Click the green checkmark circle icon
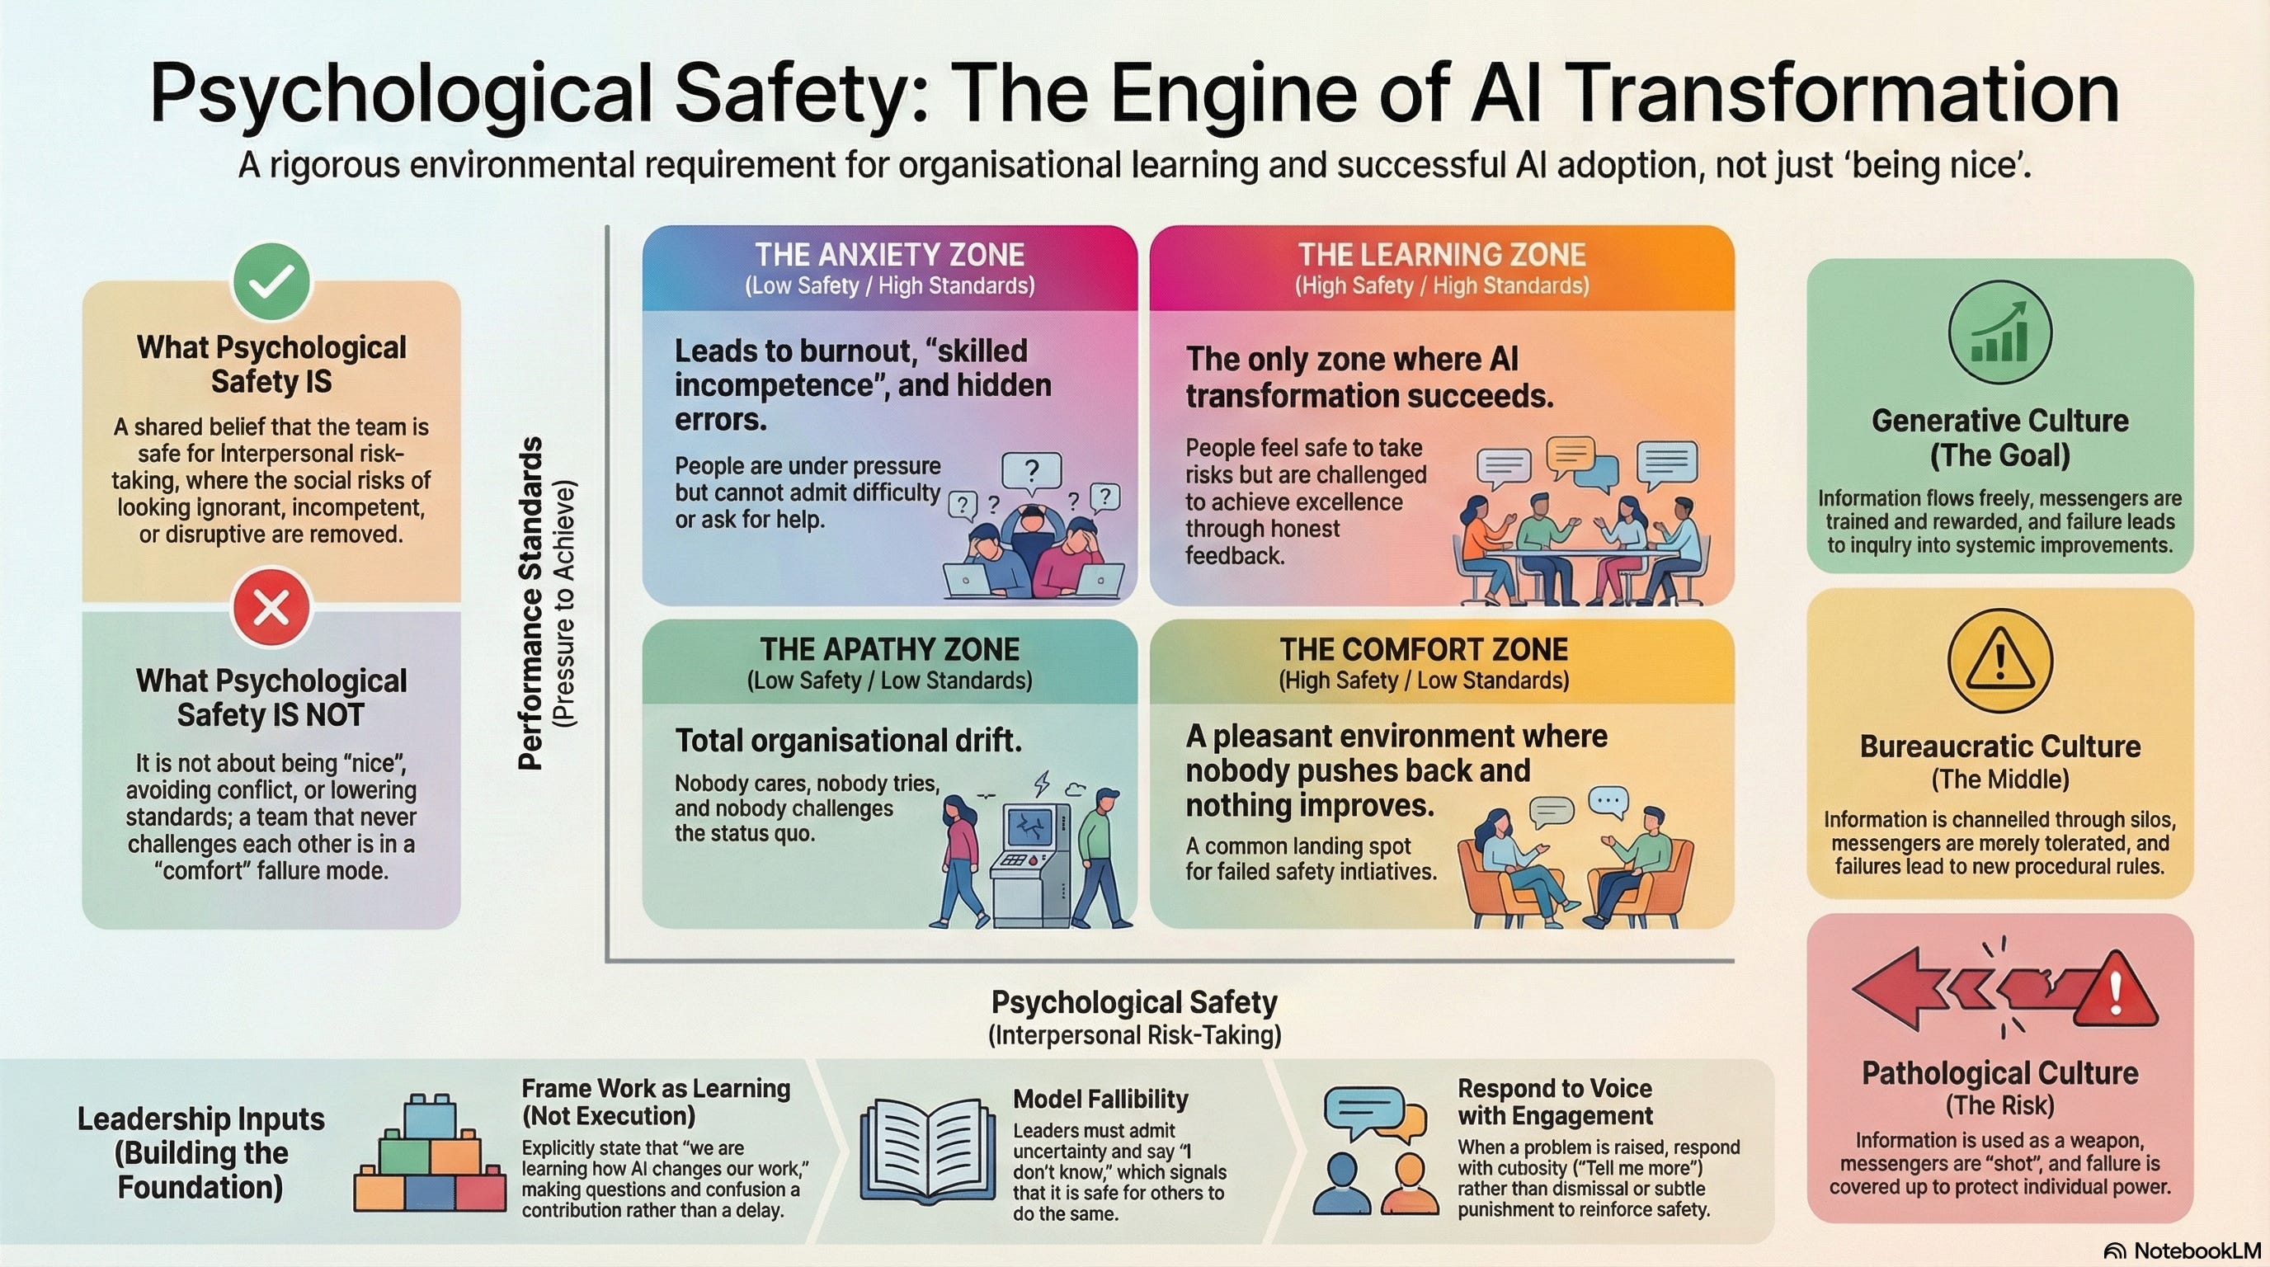pos(271,283)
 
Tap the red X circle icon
pos(271,607)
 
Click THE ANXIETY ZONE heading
pos(889,255)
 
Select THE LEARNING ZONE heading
pos(1442,255)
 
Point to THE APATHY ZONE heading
pos(889,649)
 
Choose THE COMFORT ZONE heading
pos(1423,649)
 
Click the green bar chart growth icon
pos(1999,332)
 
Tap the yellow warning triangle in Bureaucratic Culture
pos(1999,662)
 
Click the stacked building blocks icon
pos(430,1154)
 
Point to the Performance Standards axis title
pos(530,605)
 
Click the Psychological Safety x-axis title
pos(1134,1003)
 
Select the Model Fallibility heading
pos(1100,1099)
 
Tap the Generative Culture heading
pos(1999,422)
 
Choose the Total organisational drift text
pos(848,741)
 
